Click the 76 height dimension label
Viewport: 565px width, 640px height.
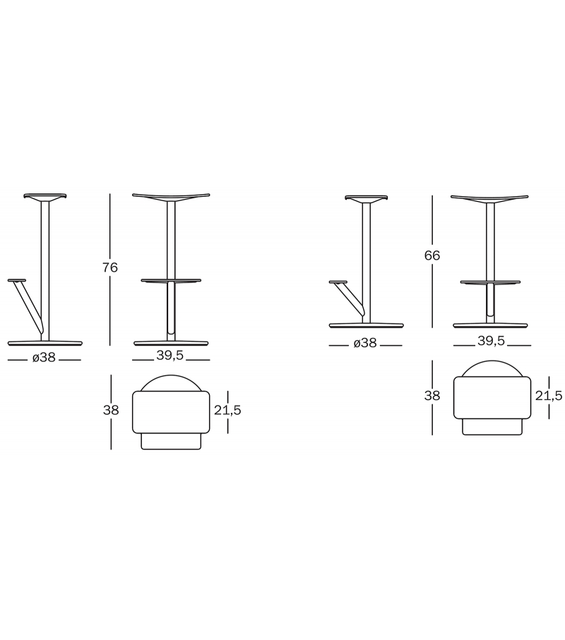click(x=110, y=267)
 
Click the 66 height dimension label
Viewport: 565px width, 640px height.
click(x=432, y=255)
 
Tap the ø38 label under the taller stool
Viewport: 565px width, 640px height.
click(x=44, y=358)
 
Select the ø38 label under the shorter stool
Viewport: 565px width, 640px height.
click(x=365, y=343)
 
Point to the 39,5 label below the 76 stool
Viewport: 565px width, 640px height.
click(x=170, y=356)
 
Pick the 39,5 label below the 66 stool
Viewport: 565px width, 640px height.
click(x=492, y=342)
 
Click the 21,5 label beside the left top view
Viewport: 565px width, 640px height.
click(x=227, y=410)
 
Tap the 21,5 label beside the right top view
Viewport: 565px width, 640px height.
click(x=549, y=396)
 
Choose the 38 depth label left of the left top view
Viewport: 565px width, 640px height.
click(x=111, y=410)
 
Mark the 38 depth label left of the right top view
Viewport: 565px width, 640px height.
click(x=432, y=396)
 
